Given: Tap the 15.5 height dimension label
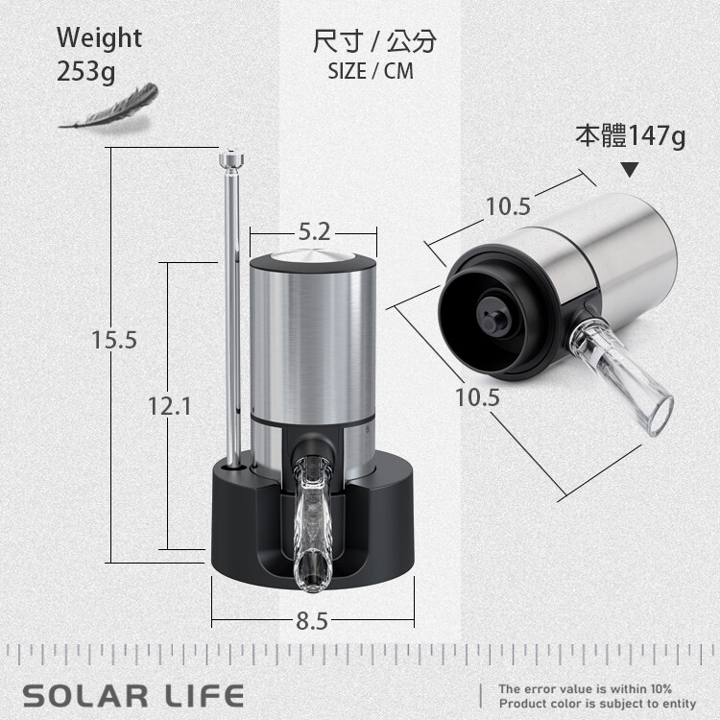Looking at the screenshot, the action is pyautogui.click(x=114, y=340).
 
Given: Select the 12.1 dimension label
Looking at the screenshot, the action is pyautogui.click(x=169, y=406).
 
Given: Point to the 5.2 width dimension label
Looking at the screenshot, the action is pyautogui.click(x=315, y=231).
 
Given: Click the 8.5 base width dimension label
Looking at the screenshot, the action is pyautogui.click(x=312, y=621).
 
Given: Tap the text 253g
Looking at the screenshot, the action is pyautogui.click(x=85, y=72).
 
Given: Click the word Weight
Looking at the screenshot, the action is pyautogui.click(x=99, y=37).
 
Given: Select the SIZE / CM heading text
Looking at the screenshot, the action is pyautogui.click(x=371, y=71).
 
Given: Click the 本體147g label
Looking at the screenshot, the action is pyautogui.click(x=631, y=136).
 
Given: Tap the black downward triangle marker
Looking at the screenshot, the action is pyautogui.click(x=631, y=169).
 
